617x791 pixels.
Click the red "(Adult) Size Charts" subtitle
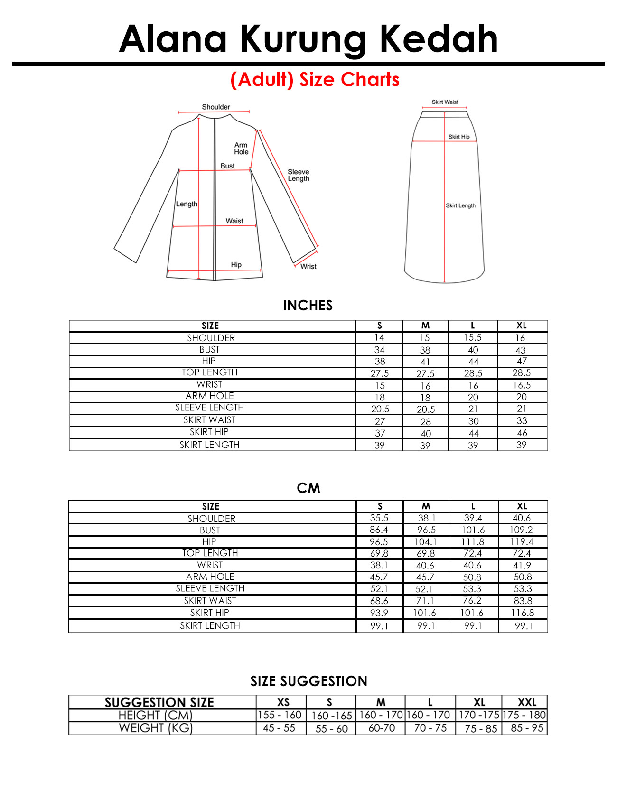(315, 80)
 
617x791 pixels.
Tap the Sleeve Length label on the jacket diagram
(299, 175)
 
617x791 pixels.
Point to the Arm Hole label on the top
(241, 149)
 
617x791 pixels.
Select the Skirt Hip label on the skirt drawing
(459, 137)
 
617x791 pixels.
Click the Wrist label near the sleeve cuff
(308, 267)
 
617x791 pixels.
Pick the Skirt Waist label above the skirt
(445, 102)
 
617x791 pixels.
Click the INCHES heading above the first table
(308, 305)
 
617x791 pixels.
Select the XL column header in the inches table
(522, 326)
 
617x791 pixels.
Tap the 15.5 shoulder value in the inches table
(473, 337)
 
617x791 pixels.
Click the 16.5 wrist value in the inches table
(522, 385)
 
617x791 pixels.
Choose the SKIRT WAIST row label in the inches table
(209, 420)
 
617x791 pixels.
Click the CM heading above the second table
(308, 488)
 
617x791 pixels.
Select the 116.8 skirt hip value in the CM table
(522, 613)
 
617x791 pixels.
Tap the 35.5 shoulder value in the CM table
(379, 518)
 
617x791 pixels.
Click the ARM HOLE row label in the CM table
(210, 577)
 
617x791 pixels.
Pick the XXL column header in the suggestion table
(527, 702)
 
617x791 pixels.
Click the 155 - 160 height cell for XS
(280, 715)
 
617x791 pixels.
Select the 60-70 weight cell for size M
(382, 728)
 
